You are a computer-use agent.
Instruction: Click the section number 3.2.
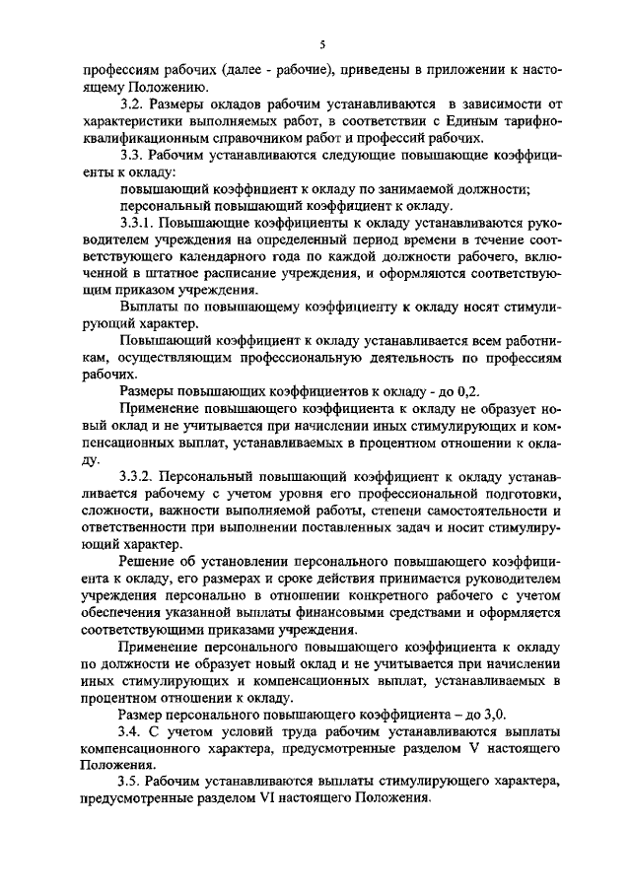point(130,103)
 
